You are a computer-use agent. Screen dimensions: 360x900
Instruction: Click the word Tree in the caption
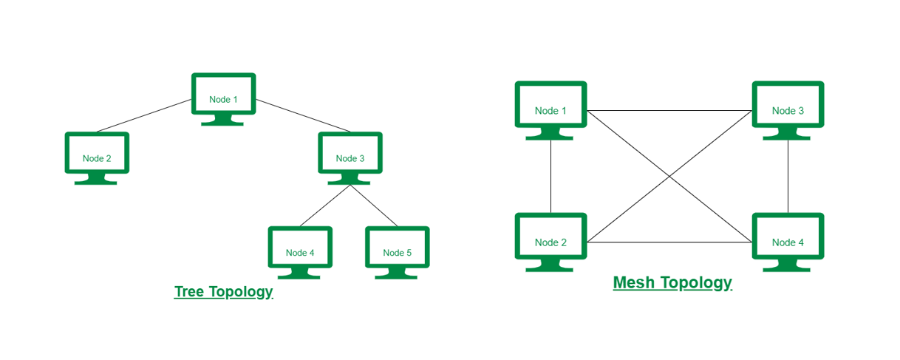coord(189,292)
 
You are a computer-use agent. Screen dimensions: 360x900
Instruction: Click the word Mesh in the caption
coord(635,283)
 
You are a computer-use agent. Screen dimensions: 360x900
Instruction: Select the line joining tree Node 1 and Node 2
coord(145,115)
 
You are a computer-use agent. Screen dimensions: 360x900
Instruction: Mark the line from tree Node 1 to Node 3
coord(303,115)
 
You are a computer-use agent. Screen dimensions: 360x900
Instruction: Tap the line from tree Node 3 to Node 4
coord(325,206)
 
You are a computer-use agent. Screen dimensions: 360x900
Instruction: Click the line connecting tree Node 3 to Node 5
coord(374,206)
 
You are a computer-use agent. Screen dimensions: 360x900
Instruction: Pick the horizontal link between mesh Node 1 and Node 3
coord(669,111)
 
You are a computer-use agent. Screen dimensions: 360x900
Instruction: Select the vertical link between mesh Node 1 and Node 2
coord(550,176)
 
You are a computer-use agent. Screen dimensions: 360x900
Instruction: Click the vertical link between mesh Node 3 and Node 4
coord(788,176)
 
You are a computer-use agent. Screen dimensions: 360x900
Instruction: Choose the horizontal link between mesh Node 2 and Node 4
coord(669,242)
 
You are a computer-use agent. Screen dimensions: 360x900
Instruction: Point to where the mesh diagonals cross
coord(669,177)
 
